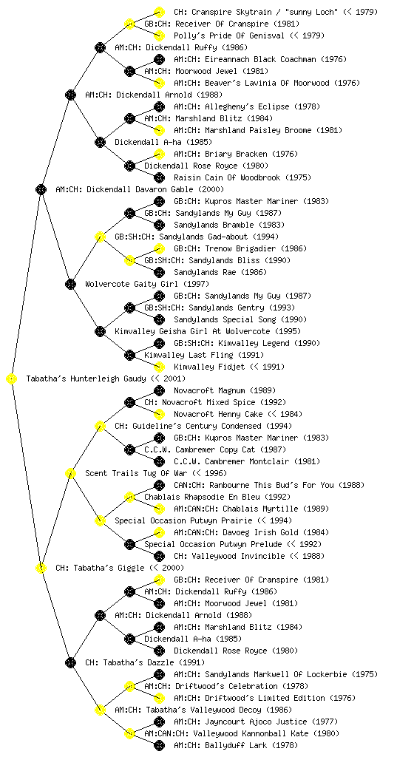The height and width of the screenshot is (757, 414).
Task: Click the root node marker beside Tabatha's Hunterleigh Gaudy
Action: pos(12,379)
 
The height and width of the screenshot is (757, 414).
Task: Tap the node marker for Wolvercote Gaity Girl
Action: pos(70,285)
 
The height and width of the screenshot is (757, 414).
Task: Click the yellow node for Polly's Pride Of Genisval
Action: pos(159,35)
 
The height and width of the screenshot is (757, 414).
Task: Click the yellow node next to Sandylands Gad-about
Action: pos(100,237)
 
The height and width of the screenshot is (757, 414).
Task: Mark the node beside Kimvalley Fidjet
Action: pos(159,367)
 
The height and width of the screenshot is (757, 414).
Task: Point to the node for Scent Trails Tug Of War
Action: pos(70,474)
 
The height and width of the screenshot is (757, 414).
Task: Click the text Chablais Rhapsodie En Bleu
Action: pos(202,498)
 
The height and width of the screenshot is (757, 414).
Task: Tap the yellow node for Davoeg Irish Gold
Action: pos(159,532)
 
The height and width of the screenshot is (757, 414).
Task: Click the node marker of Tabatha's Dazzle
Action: pos(70,663)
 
